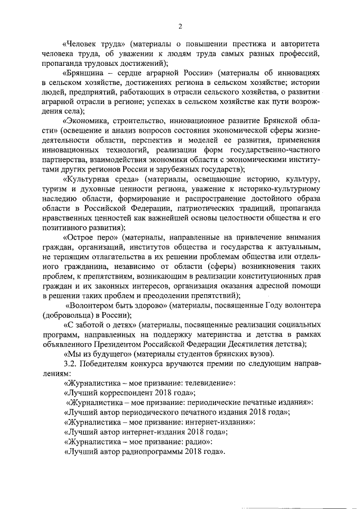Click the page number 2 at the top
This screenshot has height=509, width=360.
click(180, 25)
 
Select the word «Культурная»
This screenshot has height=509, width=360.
click(93, 179)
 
